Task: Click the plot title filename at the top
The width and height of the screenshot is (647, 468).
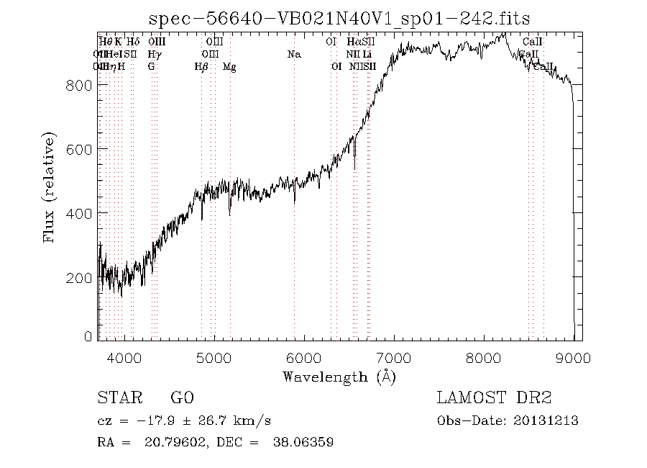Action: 339,18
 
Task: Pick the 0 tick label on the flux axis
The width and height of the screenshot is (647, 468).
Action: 88,336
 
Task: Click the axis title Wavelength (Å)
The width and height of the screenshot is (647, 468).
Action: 339,376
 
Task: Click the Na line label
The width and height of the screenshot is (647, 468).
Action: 293,55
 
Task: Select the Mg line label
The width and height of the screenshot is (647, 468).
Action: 229,67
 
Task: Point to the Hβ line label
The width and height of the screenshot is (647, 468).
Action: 201,67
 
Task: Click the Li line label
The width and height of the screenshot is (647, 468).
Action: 367,55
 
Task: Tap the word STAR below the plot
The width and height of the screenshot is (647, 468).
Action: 116,398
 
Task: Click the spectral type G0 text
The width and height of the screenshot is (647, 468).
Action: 182,398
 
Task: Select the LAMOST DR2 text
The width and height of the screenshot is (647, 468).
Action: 494,398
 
